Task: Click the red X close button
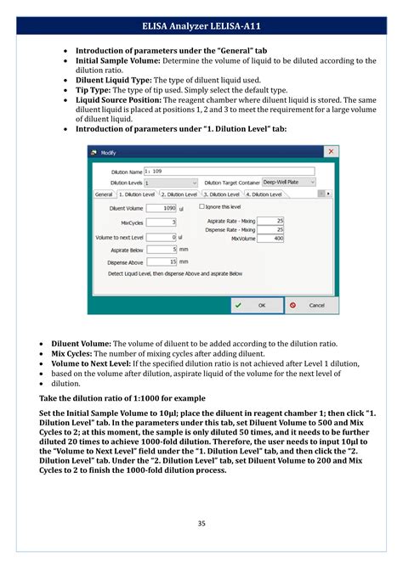(330, 152)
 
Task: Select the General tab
(103, 194)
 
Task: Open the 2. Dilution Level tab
(179, 194)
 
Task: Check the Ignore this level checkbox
(201, 206)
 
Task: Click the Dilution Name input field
(229, 171)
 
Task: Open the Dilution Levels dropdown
(170, 183)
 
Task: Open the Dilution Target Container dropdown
(287, 183)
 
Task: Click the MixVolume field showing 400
(271, 239)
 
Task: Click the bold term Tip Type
(94, 90)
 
